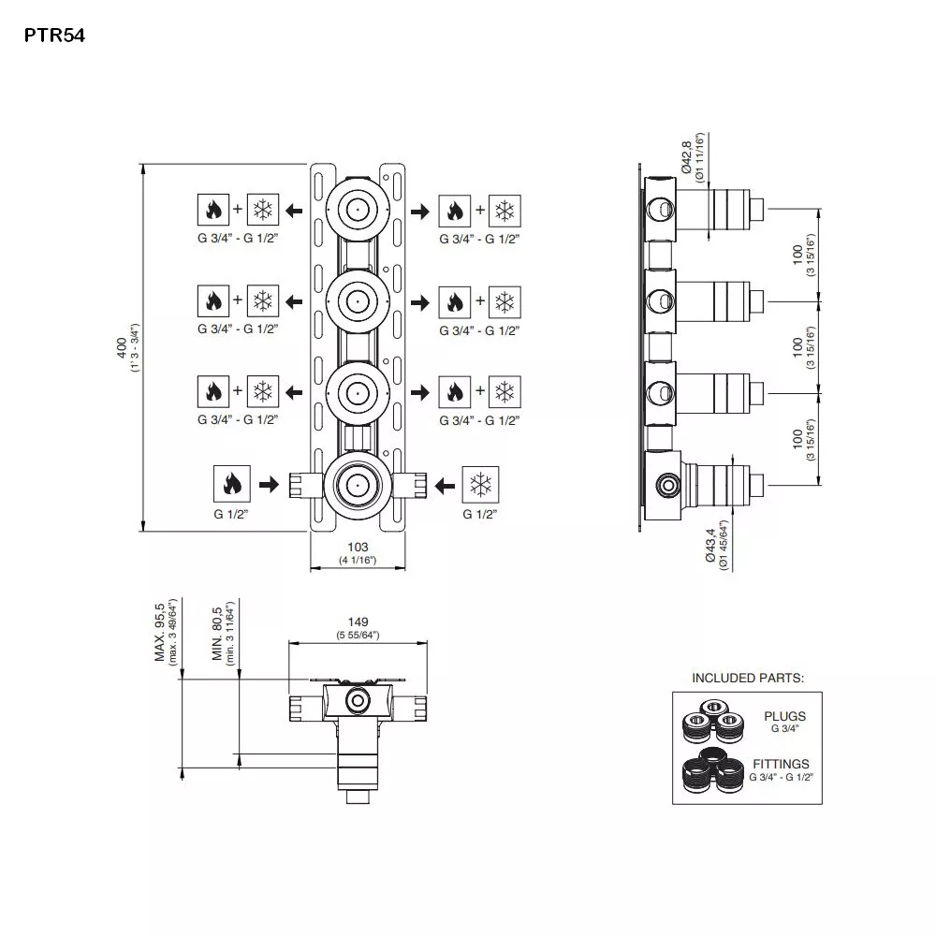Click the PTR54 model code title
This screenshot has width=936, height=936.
coord(54,36)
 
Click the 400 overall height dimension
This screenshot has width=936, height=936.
coord(121,347)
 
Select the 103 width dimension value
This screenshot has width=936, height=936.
coord(358,547)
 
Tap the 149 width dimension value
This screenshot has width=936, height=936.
coord(358,622)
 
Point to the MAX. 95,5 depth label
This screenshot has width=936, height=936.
coord(159,632)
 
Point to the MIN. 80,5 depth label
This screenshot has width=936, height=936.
coord(217,634)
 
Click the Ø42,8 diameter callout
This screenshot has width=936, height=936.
coord(686,157)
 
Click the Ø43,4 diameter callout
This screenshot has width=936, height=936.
coord(710,545)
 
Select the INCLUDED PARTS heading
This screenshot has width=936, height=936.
coord(748,678)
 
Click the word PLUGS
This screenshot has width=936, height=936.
coord(785,716)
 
